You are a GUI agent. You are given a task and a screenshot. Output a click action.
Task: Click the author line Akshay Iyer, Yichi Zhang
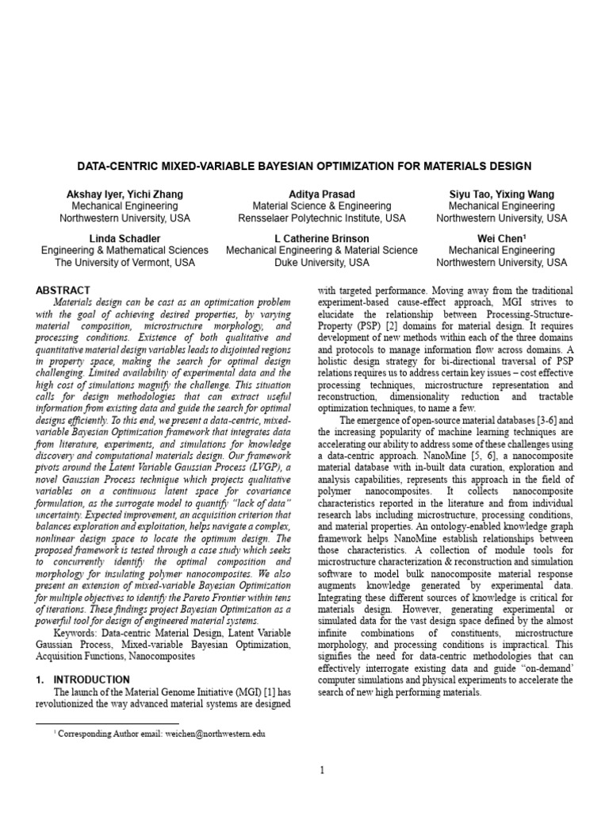(124, 194)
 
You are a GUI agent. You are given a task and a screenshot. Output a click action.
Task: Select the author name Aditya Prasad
(322, 194)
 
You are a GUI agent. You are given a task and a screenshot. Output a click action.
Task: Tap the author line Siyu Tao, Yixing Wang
(501, 194)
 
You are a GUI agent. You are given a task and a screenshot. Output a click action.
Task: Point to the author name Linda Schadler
(124, 238)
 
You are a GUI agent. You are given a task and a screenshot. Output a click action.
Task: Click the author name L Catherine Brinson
(322, 238)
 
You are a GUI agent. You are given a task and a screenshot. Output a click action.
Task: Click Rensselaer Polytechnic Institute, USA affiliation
(322, 218)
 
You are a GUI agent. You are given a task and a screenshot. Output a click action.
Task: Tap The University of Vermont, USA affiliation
(124, 262)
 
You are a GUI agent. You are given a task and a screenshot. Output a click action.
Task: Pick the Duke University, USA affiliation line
(322, 262)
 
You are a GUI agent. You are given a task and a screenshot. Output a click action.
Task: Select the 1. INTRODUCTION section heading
(84, 680)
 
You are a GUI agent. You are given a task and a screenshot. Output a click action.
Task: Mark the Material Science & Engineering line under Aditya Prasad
(322, 206)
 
